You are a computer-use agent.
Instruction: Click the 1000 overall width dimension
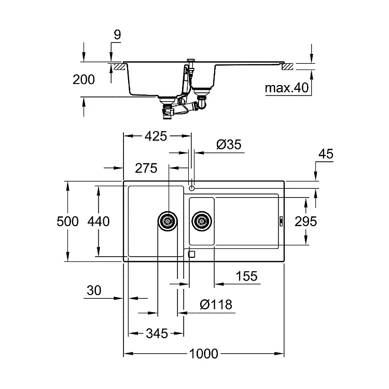point(203,354)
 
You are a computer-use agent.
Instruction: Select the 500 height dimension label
point(67,221)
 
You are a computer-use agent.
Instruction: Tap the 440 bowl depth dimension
point(99,221)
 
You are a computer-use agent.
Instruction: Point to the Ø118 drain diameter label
point(216,304)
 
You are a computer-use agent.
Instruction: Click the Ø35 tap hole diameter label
point(229,144)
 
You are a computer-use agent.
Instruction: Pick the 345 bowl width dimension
point(157,334)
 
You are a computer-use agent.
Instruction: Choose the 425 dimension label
point(156,136)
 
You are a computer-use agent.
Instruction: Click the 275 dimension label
point(146,168)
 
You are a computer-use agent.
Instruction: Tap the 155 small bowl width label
point(246,276)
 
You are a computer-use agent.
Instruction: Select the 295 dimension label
point(305,221)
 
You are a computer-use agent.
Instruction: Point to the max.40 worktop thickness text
point(287,88)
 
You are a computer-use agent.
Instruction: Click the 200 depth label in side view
point(84,80)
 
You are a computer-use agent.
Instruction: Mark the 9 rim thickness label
point(117,35)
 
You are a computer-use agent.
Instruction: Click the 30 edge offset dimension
point(94,290)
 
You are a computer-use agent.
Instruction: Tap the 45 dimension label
point(326,154)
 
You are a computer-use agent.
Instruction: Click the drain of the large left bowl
point(168,221)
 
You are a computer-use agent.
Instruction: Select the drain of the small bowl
point(202,221)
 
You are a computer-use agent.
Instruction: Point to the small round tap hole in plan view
point(191,189)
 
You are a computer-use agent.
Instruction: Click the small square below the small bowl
point(192,254)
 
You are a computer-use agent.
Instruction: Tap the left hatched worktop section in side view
point(119,67)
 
